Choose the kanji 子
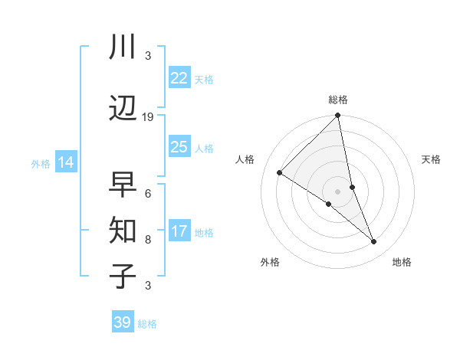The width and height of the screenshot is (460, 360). click(x=123, y=276)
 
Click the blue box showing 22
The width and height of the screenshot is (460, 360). click(x=179, y=77)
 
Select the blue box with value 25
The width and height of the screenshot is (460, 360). click(x=179, y=147)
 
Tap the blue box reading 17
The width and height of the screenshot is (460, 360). click(x=179, y=231)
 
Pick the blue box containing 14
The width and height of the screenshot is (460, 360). click(x=65, y=162)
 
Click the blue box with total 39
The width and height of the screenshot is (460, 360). click(x=122, y=322)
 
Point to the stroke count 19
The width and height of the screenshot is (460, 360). click(x=148, y=117)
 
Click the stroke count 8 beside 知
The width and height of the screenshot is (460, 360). click(x=148, y=239)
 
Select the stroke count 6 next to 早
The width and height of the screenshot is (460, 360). click(x=148, y=194)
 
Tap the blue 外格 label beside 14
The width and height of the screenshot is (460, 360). click(x=41, y=163)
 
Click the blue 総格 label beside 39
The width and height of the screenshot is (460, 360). click(x=147, y=323)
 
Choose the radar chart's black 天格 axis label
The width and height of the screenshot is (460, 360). click(x=432, y=159)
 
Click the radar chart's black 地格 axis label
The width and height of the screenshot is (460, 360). click(x=402, y=262)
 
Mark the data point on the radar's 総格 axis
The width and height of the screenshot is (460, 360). click(x=338, y=116)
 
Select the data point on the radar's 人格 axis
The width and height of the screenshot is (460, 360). click(x=280, y=173)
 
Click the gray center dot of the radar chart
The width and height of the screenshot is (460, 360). click(x=337, y=191)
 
